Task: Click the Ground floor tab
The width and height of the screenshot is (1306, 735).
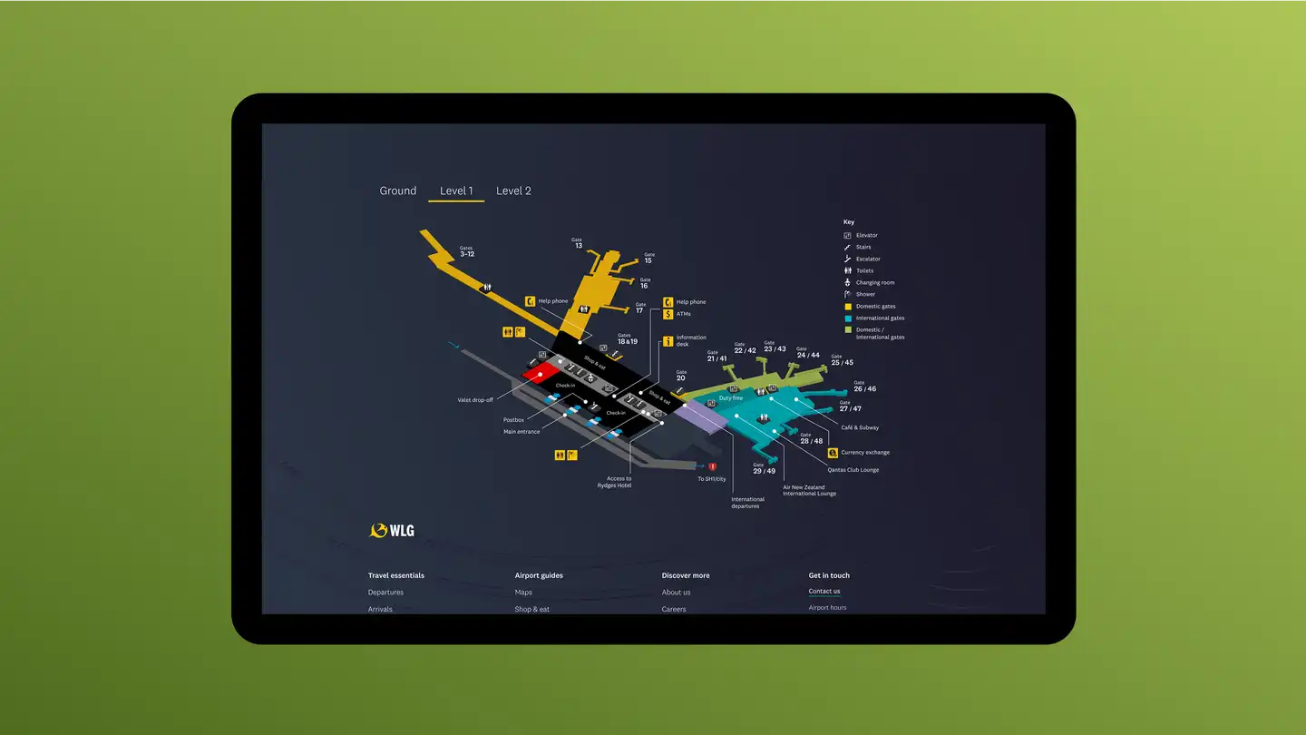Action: click(x=397, y=191)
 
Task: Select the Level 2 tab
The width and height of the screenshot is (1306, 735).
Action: click(x=513, y=191)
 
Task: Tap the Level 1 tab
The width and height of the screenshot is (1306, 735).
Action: click(x=456, y=191)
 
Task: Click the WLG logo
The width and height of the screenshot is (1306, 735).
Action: click(x=392, y=530)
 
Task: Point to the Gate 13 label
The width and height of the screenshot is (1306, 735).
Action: click(x=578, y=243)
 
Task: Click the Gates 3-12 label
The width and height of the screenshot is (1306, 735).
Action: click(x=466, y=251)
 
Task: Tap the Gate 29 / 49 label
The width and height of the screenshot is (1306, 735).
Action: click(x=764, y=469)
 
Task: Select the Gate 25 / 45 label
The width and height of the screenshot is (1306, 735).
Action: click(x=842, y=360)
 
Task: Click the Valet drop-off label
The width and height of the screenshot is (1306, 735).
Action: click(x=475, y=399)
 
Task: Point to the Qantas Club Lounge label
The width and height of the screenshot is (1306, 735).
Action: click(x=853, y=470)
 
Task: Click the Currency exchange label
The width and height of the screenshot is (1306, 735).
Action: click(x=864, y=452)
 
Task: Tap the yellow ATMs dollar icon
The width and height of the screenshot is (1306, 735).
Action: click(x=668, y=314)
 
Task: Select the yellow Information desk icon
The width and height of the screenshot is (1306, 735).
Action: click(x=668, y=341)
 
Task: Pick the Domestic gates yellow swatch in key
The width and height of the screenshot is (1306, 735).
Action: click(x=847, y=307)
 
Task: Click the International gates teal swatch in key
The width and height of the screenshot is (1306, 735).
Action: click(x=847, y=318)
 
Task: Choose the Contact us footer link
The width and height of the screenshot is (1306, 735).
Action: click(x=824, y=592)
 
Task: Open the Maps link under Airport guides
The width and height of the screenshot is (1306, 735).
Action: click(x=523, y=593)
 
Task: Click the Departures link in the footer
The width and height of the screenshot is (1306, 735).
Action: click(x=385, y=593)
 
